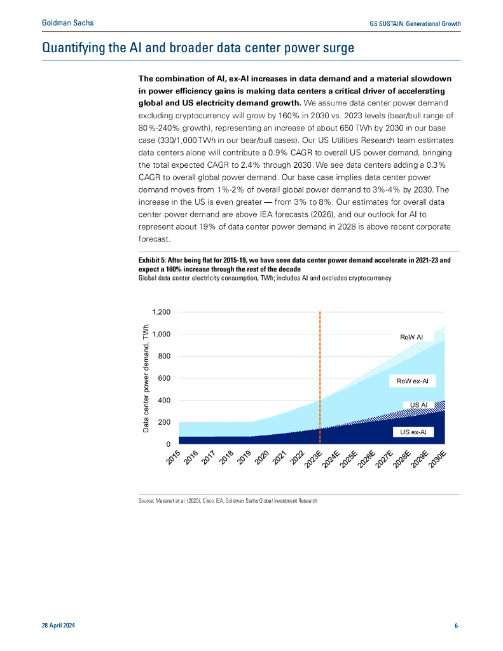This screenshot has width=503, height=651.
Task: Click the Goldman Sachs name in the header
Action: [67, 23]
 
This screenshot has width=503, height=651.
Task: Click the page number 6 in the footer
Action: [457, 626]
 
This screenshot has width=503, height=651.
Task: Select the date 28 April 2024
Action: [58, 626]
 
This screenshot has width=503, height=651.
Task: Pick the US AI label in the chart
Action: [418, 405]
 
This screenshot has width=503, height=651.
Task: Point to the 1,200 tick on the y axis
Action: [162, 312]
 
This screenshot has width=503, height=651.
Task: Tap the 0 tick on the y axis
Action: [169, 444]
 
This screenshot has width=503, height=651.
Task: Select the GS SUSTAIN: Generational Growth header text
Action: [415, 24]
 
